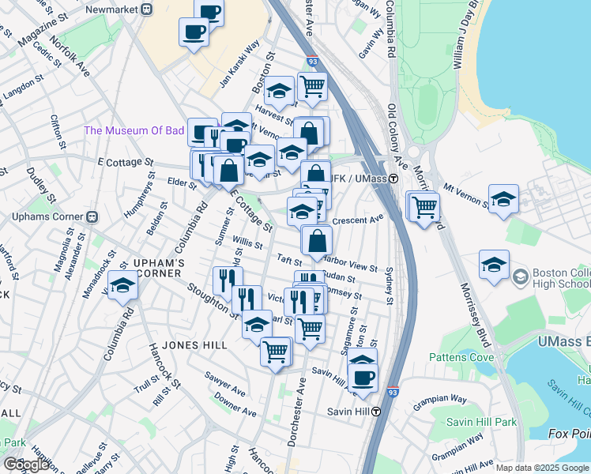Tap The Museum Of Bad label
134,130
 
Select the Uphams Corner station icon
92,216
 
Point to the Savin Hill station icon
377,411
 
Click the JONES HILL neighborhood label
194,345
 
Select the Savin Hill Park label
481,422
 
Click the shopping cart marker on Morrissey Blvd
425,208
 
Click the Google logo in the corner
26,465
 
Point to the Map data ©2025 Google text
542,468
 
